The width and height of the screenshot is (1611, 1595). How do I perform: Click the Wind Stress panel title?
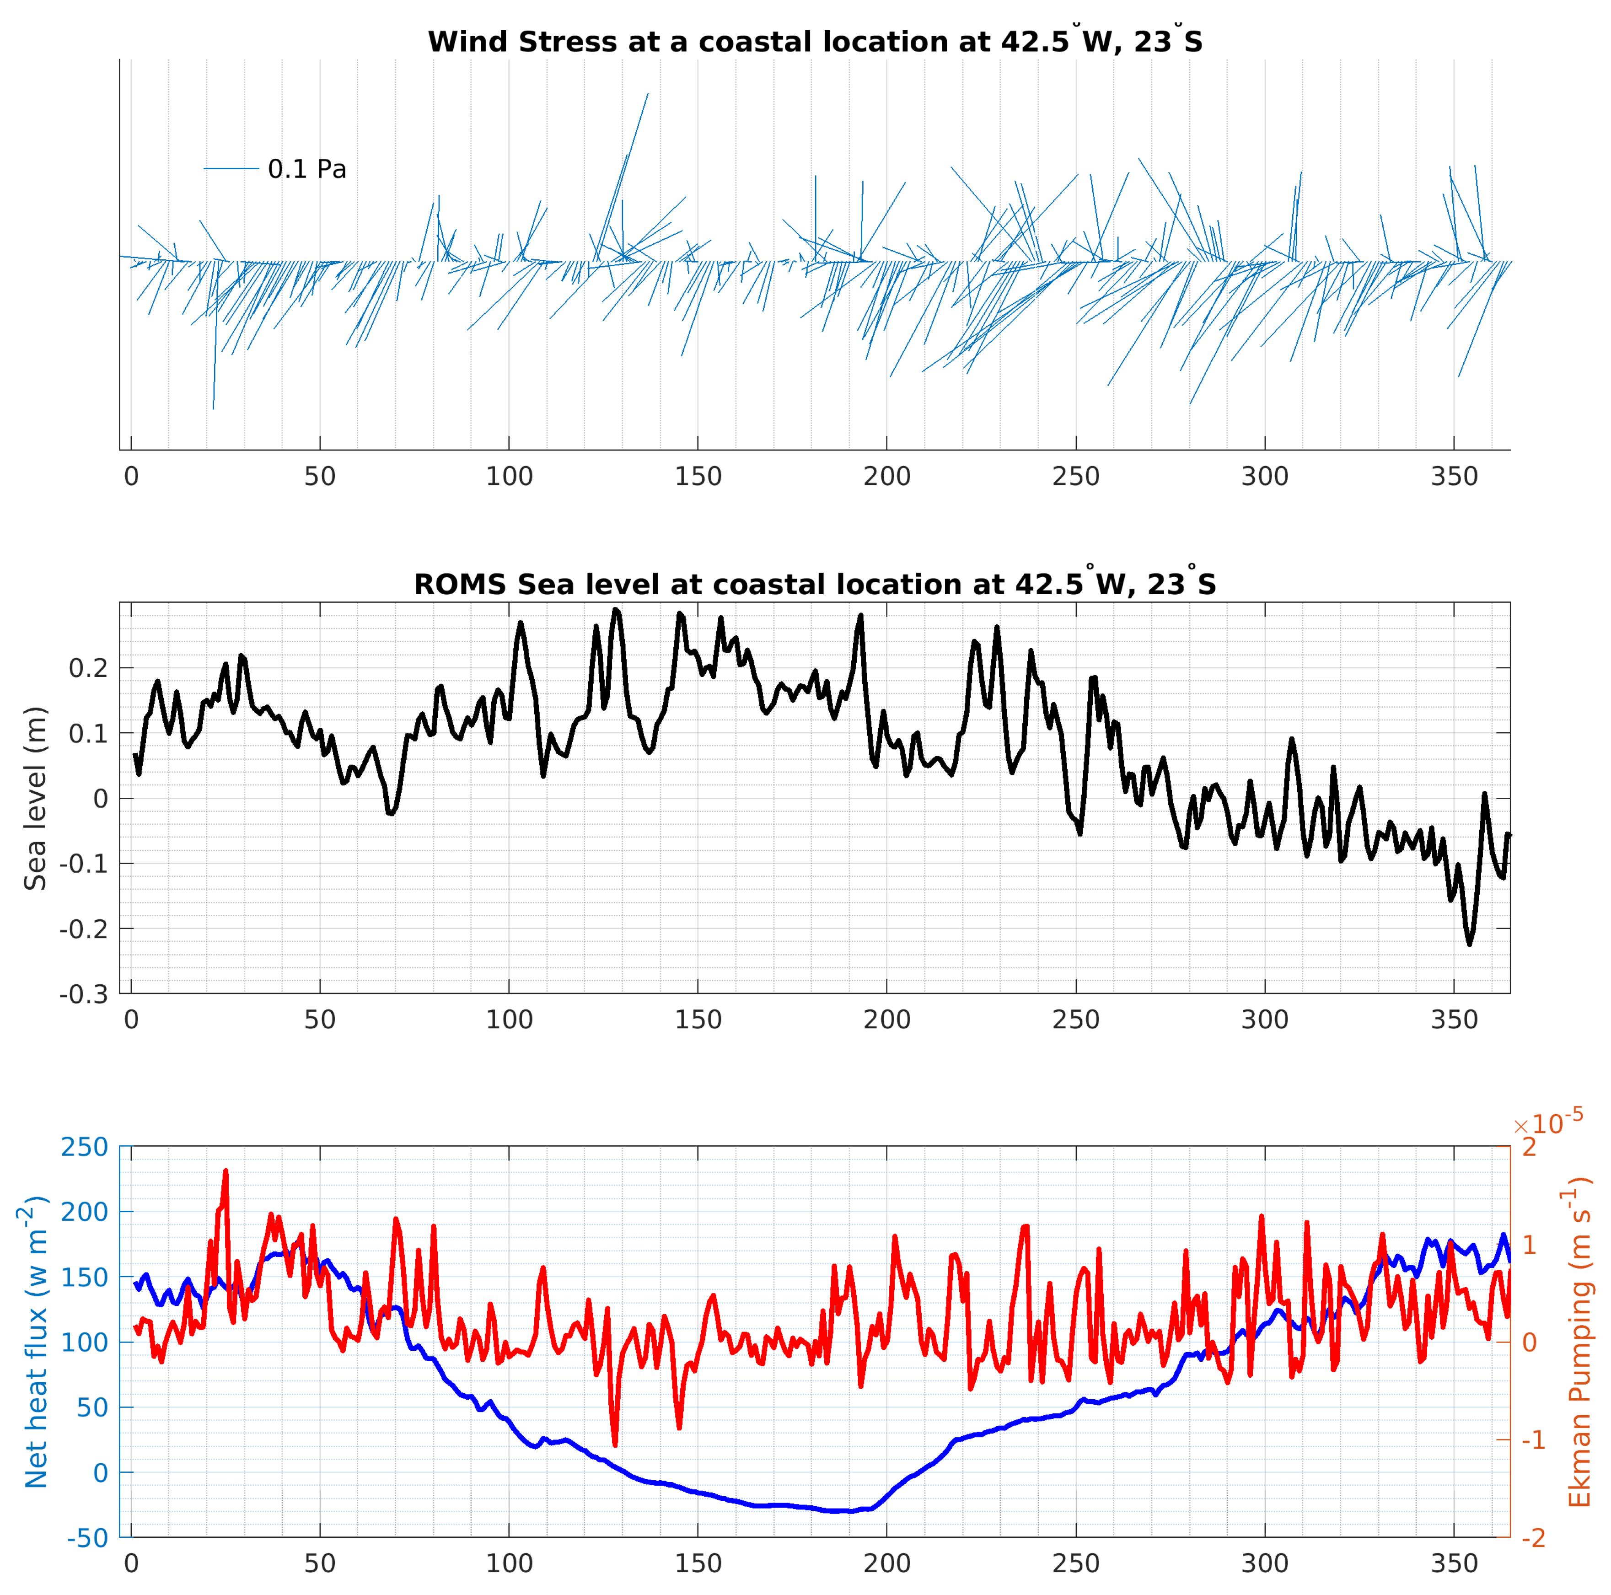tap(815, 42)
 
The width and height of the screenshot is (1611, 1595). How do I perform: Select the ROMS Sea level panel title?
tap(815, 585)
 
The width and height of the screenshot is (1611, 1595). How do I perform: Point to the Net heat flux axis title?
tap(35, 1343)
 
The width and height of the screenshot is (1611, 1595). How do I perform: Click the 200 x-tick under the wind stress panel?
tap(886, 477)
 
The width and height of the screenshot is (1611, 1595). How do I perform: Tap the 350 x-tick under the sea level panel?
tap(1454, 1020)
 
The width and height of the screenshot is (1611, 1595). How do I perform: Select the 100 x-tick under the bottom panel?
tap(509, 1563)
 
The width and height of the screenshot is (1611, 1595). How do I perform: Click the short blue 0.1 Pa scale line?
tap(232, 168)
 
